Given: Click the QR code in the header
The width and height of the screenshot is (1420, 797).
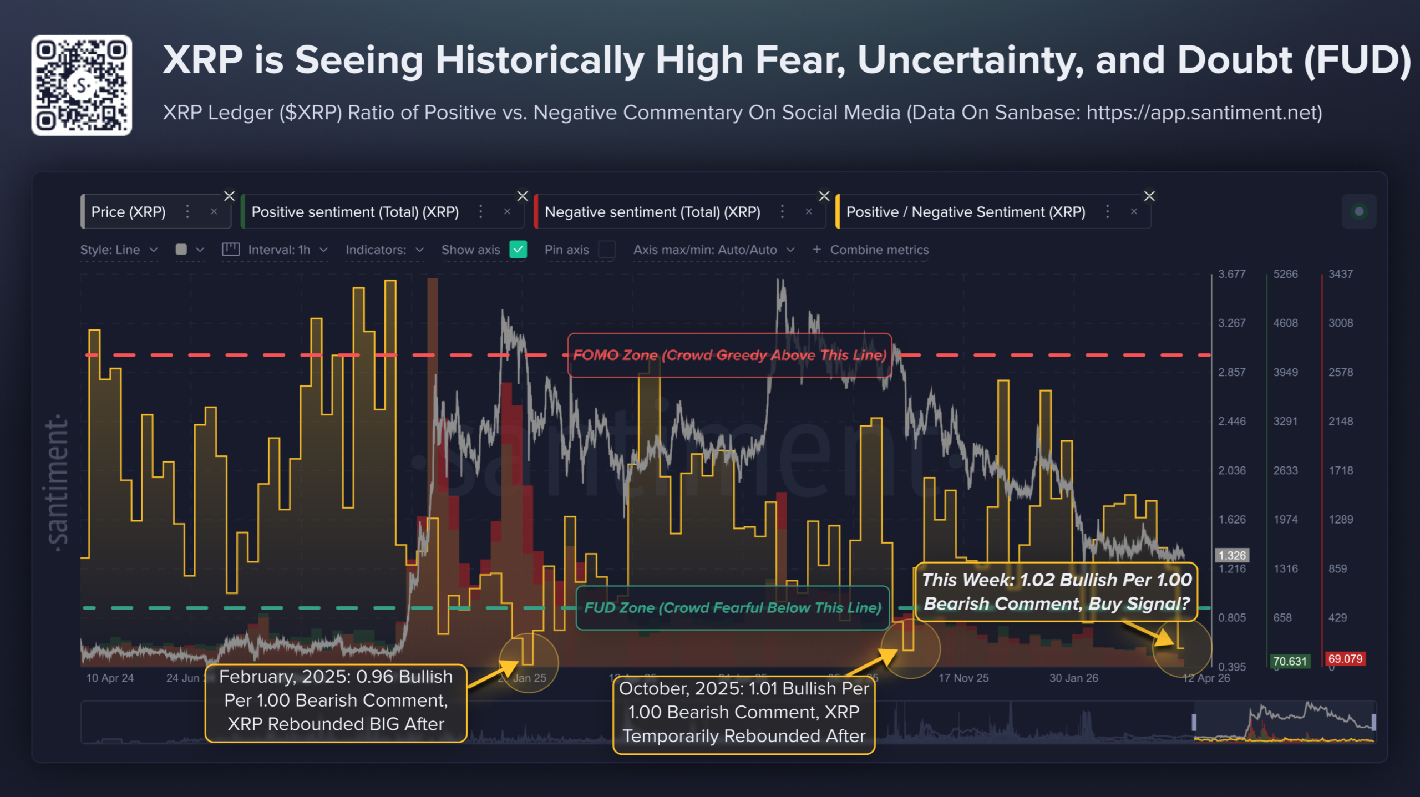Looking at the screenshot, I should [82, 85].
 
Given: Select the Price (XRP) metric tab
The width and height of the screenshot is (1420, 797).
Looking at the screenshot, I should [128, 212].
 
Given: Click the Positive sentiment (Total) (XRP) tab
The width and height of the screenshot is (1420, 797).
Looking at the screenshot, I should [355, 212].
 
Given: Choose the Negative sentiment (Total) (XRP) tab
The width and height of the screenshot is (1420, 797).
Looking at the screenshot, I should [652, 212].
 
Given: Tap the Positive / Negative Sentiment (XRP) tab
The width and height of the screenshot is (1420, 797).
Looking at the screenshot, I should [965, 212].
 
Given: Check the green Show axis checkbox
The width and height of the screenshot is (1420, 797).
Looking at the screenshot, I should [518, 250].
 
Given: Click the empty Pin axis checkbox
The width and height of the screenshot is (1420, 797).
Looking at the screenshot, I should [607, 250].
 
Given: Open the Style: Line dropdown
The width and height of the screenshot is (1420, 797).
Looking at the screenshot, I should [118, 250].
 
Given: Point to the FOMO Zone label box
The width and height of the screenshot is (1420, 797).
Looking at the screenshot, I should [729, 355].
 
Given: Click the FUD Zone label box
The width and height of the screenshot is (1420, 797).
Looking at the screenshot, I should [732, 608].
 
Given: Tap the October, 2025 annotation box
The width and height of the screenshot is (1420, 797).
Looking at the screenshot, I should [744, 713].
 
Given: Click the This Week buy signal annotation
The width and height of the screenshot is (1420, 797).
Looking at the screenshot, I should [1056, 592].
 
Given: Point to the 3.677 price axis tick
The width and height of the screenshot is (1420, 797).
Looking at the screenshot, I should [1231, 274].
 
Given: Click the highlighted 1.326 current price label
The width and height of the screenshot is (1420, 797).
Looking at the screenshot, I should [1232, 555].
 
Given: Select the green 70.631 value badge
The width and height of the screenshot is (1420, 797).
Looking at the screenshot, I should [1290, 661].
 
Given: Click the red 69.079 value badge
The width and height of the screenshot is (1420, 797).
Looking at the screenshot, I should [1345, 659].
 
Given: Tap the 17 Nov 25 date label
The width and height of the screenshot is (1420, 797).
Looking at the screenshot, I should [963, 678].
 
